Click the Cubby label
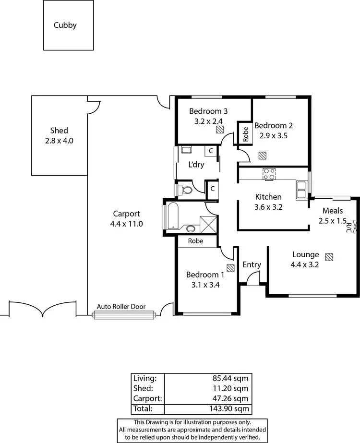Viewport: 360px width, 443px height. tap(65, 25)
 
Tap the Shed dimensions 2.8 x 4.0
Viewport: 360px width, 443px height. tap(59, 141)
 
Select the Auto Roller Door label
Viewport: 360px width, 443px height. tap(121, 306)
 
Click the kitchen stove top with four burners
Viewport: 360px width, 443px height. tap(269, 174)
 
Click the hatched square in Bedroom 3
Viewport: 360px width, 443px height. tap(219, 129)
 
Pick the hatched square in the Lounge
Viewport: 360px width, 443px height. tap(328, 257)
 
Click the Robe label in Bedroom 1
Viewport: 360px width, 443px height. tap(195, 241)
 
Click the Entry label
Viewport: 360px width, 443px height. tap(252, 264)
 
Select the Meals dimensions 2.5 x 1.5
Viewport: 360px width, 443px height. tap(332, 221)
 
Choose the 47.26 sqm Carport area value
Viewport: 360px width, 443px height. tap(234, 398)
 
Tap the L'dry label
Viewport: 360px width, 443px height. tap(196, 165)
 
